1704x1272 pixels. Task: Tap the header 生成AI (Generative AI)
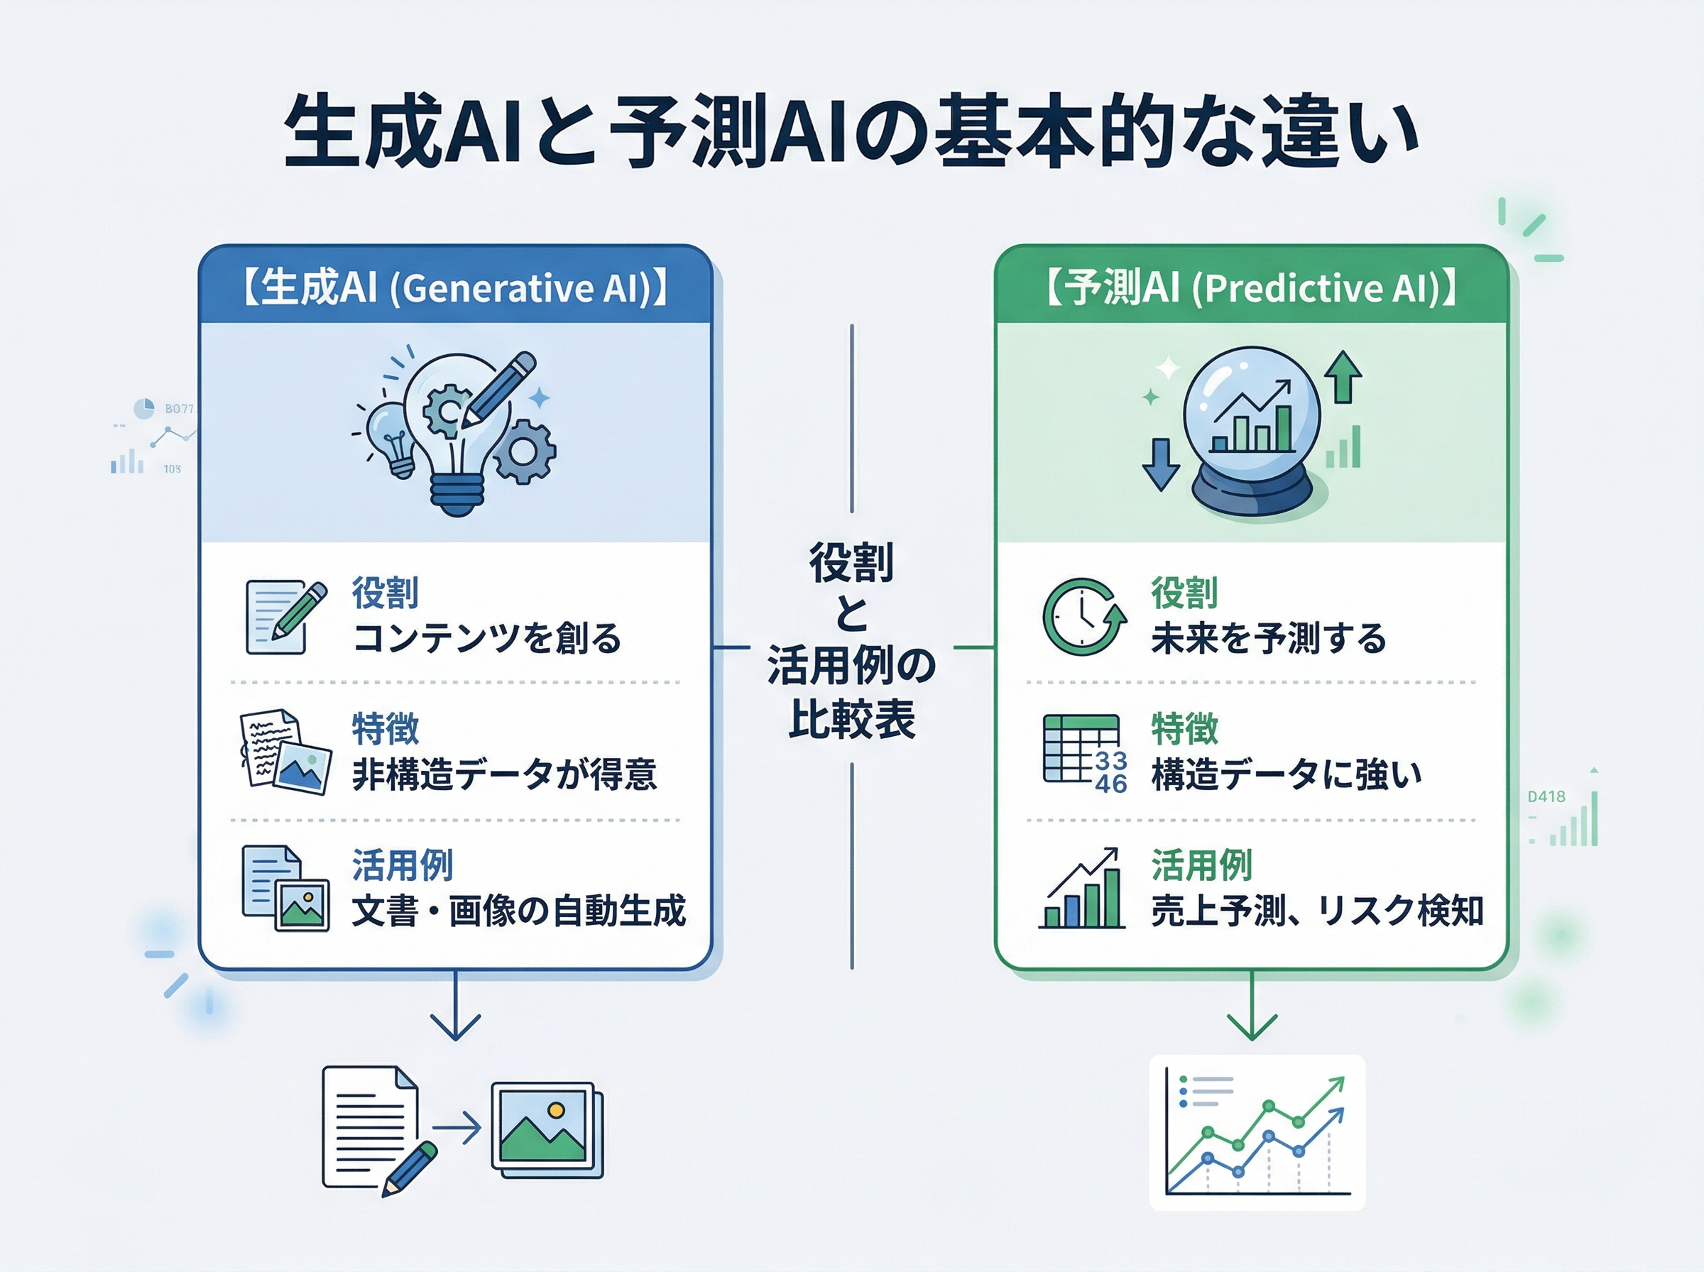455,288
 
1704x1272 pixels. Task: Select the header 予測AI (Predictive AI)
1251,288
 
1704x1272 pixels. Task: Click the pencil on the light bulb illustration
499,390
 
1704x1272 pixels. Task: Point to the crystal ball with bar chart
1251,431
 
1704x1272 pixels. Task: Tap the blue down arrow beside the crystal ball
1160,464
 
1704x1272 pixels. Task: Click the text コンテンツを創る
486,638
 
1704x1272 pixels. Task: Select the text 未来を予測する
1268,638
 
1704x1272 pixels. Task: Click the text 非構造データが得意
504,774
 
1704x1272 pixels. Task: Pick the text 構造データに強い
1286,774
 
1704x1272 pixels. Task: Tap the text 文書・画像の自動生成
518,911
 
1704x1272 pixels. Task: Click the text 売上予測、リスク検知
1316,911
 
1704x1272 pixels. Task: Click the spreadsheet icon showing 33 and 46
1083,753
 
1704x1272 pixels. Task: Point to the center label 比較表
851,720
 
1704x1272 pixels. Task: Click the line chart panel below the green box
1257,1133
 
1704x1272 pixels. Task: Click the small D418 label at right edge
1546,797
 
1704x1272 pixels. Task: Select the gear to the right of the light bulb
525,452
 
